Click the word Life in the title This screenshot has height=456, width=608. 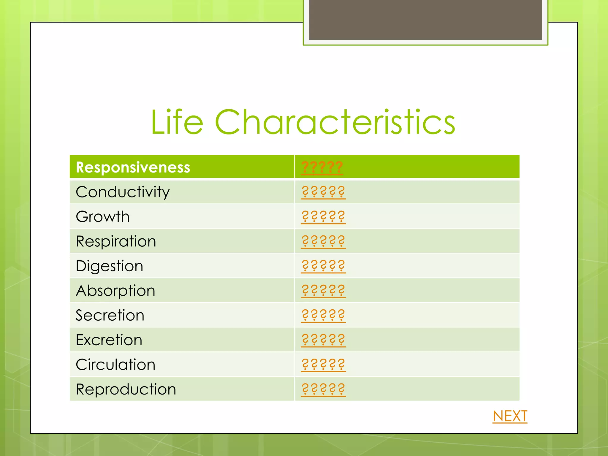click(x=177, y=122)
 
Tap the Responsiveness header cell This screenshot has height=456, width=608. click(x=133, y=167)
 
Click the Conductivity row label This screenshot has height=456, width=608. click(x=123, y=192)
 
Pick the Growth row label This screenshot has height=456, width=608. click(x=103, y=217)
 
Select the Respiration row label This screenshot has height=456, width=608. click(x=116, y=241)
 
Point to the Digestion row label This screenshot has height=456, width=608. click(x=110, y=266)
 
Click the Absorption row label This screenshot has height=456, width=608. click(x=115, y=291)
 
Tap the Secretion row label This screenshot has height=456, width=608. click(x=110, y=315)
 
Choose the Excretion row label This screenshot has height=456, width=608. click(x=109, y=340)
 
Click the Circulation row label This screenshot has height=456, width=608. click(x=115, y=365)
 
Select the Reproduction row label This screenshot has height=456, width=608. click(x=126, y=389)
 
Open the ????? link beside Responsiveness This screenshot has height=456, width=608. click(x=322, y=167)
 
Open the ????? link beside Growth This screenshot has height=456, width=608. click(x=323, y=217)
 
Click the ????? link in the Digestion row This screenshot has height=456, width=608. click(x=323, y=266)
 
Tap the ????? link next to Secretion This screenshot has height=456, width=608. click(x=323, y=315)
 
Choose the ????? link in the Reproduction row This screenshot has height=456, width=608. click(x=323, y=389)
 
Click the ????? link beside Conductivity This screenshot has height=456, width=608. click(x=323, y=192)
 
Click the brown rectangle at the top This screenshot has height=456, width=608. click(x=425, y=20)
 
